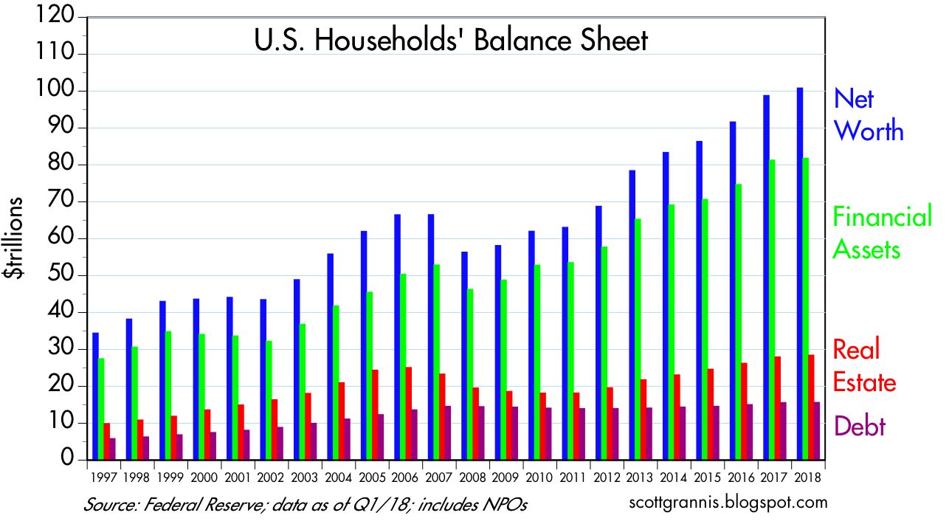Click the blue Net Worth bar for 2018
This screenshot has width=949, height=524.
(800, 273)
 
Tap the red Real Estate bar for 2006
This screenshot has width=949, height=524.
(409, 413)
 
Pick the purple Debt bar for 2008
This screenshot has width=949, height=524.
(481, 433)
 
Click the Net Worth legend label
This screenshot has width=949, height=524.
(868, 114)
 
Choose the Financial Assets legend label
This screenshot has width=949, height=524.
(882, 233)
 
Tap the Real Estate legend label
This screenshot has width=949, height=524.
(864, 365)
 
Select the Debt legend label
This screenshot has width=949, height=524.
(860, 426)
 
